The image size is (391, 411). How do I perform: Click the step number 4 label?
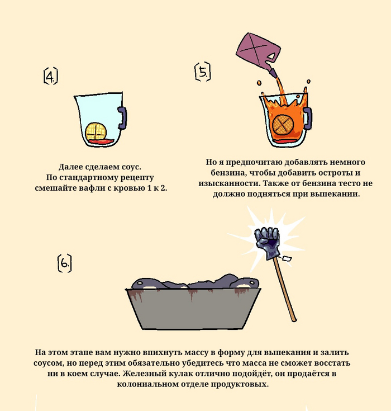pos(50,76)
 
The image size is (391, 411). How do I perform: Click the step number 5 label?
pos(203,72)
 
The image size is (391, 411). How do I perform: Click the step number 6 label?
pos(64,263)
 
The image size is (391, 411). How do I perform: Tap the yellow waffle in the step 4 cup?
pos(96,131)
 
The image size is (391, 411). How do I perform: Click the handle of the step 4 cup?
pos(122,117)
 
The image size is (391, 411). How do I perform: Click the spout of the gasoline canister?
pos(272,73)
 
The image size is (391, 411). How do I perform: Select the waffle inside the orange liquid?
pos(282,124)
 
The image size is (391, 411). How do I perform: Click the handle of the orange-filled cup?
pos(308,118)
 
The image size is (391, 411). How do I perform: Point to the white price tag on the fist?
pos(287,259)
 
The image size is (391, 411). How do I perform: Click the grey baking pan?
pos(193,309)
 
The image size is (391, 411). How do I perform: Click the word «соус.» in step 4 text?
pos(131,167)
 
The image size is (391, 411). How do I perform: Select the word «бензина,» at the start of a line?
pos(227,173)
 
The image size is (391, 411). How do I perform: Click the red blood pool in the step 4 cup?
pos(101,141)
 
